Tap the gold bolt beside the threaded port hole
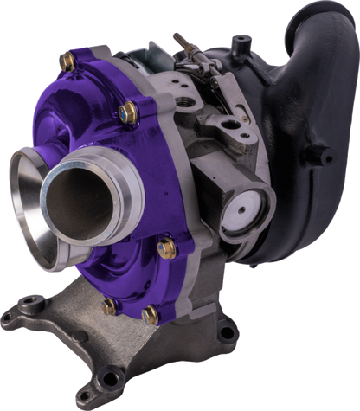127,111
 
